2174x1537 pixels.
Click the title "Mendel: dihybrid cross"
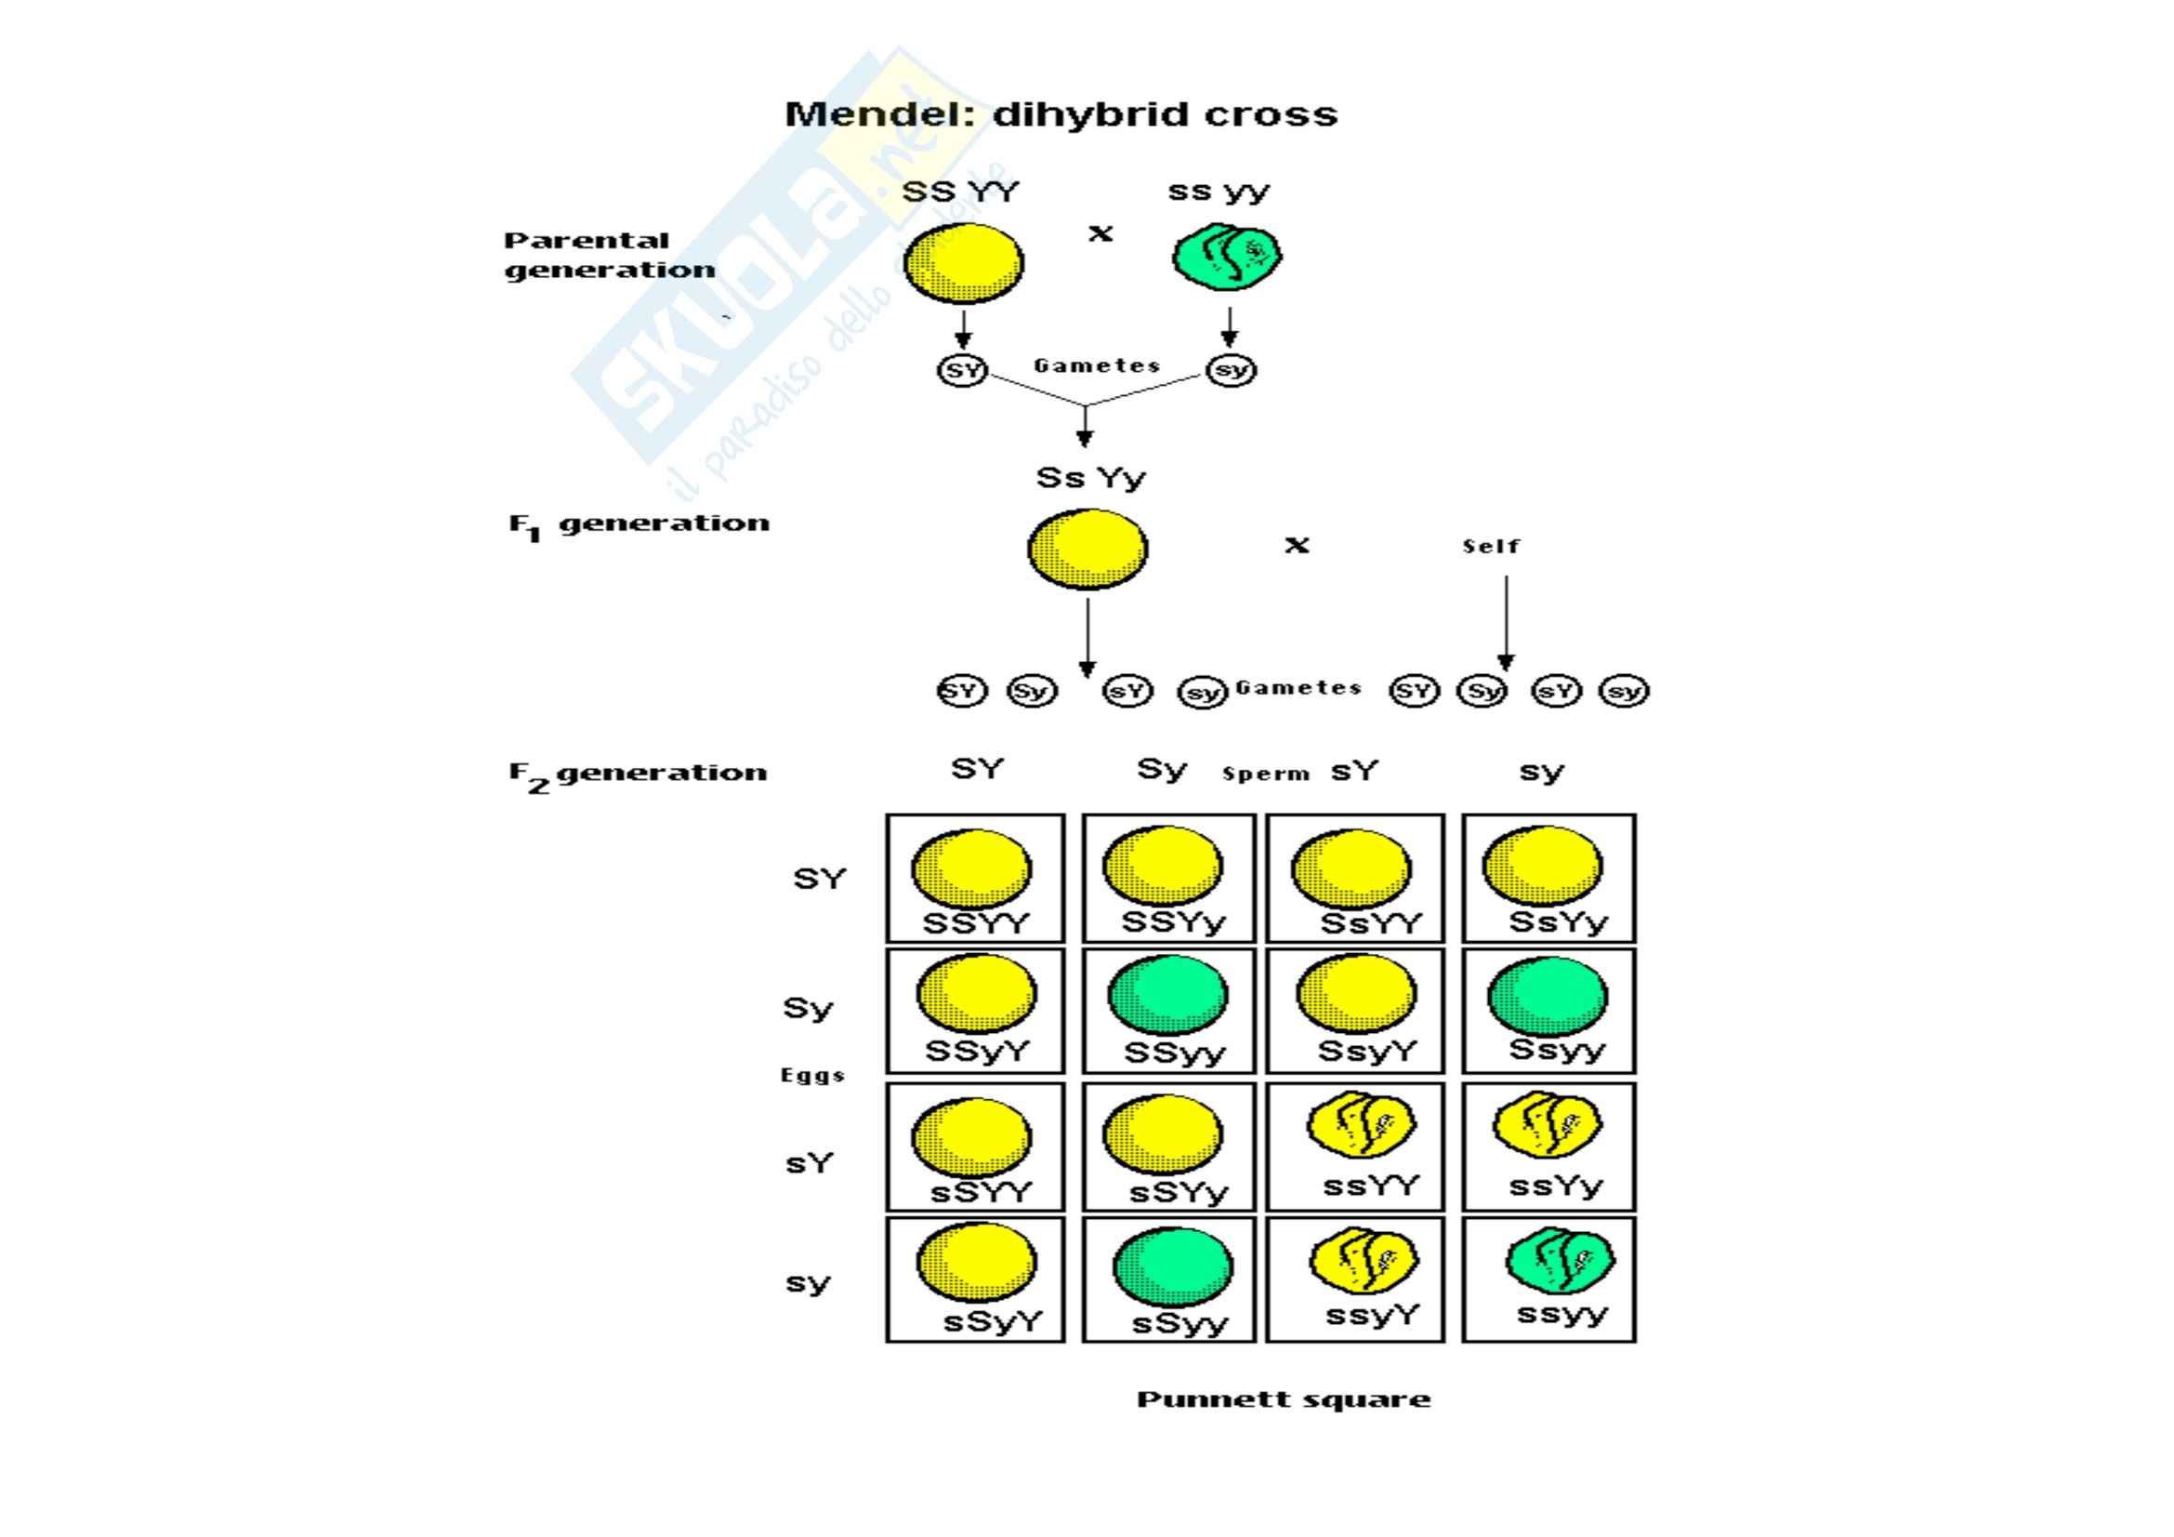pos(1061,114)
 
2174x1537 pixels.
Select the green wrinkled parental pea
pos(1227,257)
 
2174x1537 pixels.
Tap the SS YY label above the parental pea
pos(960,192)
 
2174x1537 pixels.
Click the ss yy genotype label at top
pos(1218,192)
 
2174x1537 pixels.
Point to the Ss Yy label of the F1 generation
pos(1090,478)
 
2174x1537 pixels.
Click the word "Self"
pos(1490,547)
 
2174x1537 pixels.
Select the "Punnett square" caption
pos(1283,1399)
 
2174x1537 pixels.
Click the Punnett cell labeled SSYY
pos(975,878)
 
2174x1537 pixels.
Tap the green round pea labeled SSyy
pos(1168,995)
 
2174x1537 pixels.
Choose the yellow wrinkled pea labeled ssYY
pos(1362,1125)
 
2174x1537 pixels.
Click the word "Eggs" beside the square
pos(811,1076)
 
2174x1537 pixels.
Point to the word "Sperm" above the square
pos(1265,774)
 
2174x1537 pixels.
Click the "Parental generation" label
pos(609,255)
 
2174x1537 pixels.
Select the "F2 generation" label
pos(638,775)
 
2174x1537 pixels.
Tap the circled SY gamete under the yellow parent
pos(962,370)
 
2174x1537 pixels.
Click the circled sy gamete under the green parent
pos(1231,370)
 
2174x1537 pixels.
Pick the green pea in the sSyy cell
pos(1173,1267)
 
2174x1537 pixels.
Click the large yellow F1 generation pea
pos(1088,550)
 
